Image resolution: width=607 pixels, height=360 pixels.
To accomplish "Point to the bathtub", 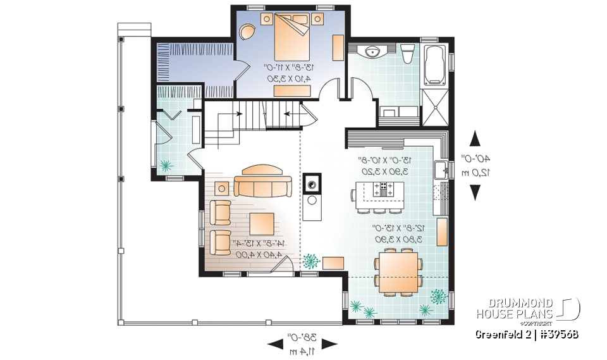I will (435, 65).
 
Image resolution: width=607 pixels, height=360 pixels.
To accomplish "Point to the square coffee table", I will (262, 224).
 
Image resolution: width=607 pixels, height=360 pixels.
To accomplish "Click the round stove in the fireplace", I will (312, 184).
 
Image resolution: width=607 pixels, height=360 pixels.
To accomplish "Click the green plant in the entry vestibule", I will (167, 166).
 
